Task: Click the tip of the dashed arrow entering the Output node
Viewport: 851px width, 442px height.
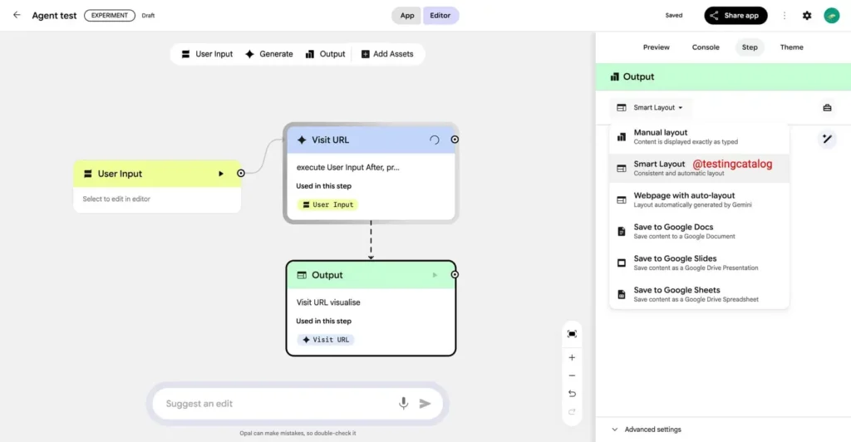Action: [x=371, y=260]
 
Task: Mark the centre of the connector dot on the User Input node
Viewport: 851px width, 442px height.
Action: [x=241, y=174]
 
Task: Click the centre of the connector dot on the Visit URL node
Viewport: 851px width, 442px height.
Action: [x=455, y=140]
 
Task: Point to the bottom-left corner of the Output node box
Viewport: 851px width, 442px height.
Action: [x=286, y=356]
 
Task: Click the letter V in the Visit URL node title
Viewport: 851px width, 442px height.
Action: [x=315, y=140]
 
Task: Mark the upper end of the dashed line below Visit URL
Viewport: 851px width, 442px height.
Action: [x=371, y=221]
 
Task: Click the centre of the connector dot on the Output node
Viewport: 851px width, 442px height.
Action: [x=455, y=274]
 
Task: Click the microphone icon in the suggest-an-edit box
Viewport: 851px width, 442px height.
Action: [x=403, y=403]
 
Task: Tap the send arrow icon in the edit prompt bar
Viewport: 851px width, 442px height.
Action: [x=425, y=404]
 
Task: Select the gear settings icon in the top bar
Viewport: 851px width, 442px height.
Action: [x=807, y=16]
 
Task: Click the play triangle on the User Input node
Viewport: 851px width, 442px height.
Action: [x=221, y=174]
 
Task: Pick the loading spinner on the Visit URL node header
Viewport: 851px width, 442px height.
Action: [x=434, y=140]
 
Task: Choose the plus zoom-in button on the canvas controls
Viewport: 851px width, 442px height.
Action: [x=572, y=357]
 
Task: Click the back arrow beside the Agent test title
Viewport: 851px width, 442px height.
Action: [x=17, y=15]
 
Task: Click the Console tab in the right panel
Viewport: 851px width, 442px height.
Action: [x=706, y=47]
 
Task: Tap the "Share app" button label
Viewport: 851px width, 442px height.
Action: [x=741, y=16]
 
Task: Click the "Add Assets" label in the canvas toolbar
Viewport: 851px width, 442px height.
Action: [x=393, y=54]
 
